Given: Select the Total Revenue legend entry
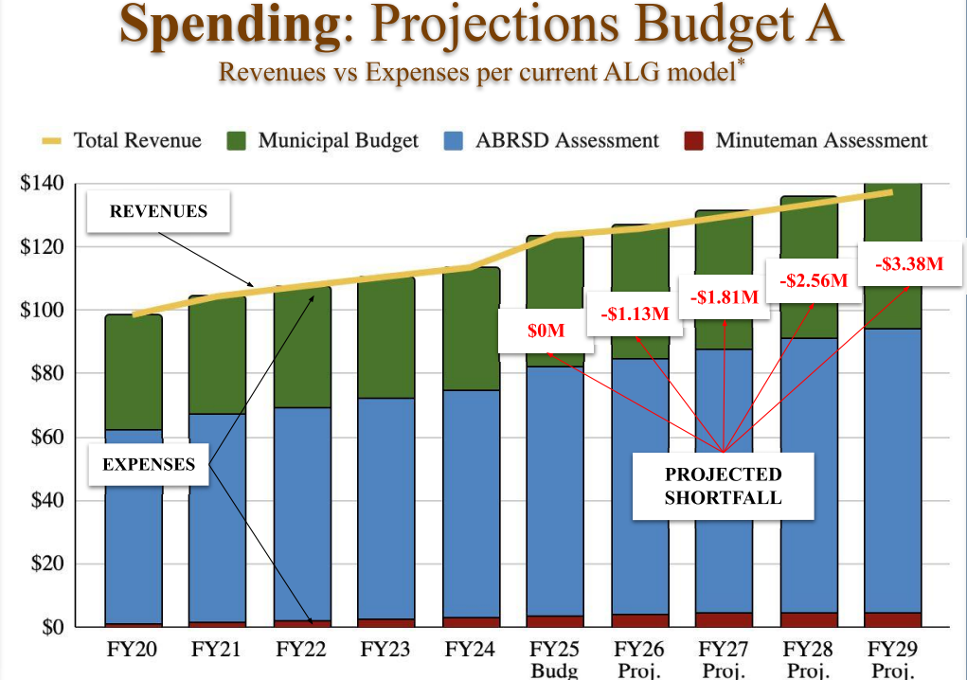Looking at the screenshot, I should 122,141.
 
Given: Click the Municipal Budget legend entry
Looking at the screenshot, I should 322,141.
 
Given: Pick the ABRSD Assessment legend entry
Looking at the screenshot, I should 551,141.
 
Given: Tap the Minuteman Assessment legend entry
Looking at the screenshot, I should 805,141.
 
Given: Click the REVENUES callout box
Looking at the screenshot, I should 158,211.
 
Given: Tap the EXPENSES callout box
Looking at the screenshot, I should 149,464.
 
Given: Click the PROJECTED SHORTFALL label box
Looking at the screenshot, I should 724,486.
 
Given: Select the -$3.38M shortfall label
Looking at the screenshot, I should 909,264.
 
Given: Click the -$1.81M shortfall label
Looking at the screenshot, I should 725,297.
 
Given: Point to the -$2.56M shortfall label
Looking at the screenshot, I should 813,280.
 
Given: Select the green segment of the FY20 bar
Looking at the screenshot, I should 134,372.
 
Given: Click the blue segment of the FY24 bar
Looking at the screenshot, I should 472,502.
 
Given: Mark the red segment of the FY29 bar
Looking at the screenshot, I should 892,619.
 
